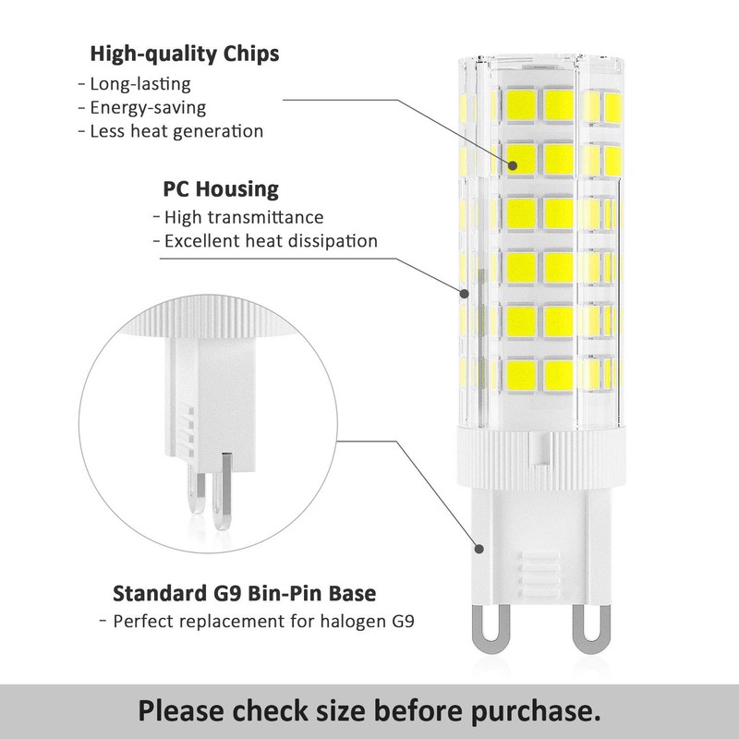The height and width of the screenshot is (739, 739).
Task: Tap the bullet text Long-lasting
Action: tap(140, 83)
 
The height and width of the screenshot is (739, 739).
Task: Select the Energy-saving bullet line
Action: tap(148, 107)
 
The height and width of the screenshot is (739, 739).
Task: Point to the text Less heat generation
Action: tap(176, 131)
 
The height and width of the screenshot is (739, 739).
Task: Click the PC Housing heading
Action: tap(221, 190)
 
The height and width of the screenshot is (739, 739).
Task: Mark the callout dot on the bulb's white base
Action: tap(481, 549)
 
